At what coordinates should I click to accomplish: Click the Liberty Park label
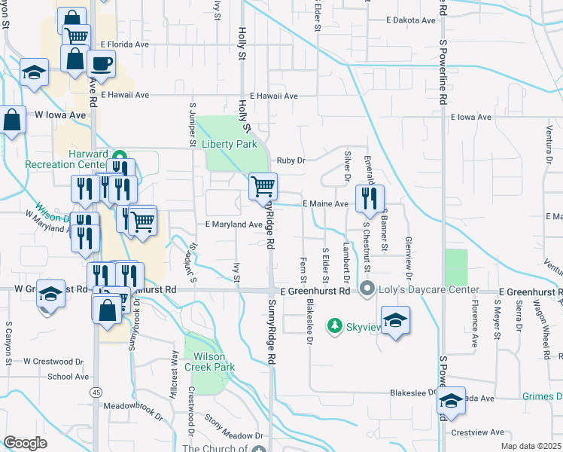230,144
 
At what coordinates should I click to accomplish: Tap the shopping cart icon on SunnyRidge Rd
263,185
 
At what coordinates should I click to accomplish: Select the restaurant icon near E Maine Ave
369,197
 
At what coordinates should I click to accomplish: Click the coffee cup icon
101,63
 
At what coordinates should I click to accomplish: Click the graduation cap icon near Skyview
395,320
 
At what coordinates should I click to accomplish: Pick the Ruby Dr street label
291,160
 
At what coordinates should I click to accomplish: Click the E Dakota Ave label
410,21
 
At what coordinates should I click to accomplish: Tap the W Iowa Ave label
61,115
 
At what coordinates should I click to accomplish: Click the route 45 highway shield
96,392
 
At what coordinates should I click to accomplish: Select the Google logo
25,442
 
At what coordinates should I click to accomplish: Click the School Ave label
67,377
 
